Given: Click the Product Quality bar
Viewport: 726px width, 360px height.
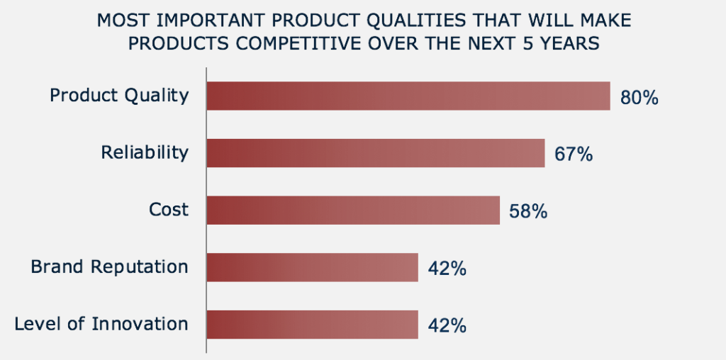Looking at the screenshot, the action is pyautogui.click(x=408, y=96).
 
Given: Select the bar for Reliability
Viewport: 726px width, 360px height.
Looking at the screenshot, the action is pyautogui.click(x=376, y=152).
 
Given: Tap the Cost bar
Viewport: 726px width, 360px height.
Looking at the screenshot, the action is pyautogui.click(x=353, y=210).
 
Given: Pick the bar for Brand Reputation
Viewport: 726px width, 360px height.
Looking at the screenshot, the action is pyautogui.click(x=313, y=267).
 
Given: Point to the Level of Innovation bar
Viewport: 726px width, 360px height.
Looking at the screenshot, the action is pyautogui.click(x=313, y=325).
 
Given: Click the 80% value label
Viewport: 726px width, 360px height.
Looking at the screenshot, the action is pyautogui.click(x=639, y=98).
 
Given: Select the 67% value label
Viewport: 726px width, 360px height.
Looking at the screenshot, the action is pyautogui.click(x=573, y=154).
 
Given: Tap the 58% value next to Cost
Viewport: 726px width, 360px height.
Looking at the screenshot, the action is pyautogui.click(x=528, y=211).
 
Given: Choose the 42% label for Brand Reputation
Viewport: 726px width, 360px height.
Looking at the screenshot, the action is pyautogui.click(x=447, y=269).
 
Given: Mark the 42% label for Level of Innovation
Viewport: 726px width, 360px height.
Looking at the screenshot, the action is pyautogui.click(x=447, y=326).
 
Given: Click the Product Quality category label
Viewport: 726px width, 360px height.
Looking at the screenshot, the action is pyautogui.click(x=119, y=96).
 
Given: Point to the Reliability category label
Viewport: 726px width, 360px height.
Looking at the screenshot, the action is pyautogui.click(x=145, y=152).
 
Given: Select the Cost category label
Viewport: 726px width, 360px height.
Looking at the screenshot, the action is pyautogui.click(x=169, y=210).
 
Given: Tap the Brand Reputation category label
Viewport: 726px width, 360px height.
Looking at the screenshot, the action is pyautogui.click(x=109, y=267).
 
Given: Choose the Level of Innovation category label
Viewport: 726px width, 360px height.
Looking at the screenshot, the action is pyautogui.click(x=101, y=323).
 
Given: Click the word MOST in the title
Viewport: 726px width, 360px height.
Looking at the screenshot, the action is pyautogui.click(x=123, y=21).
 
